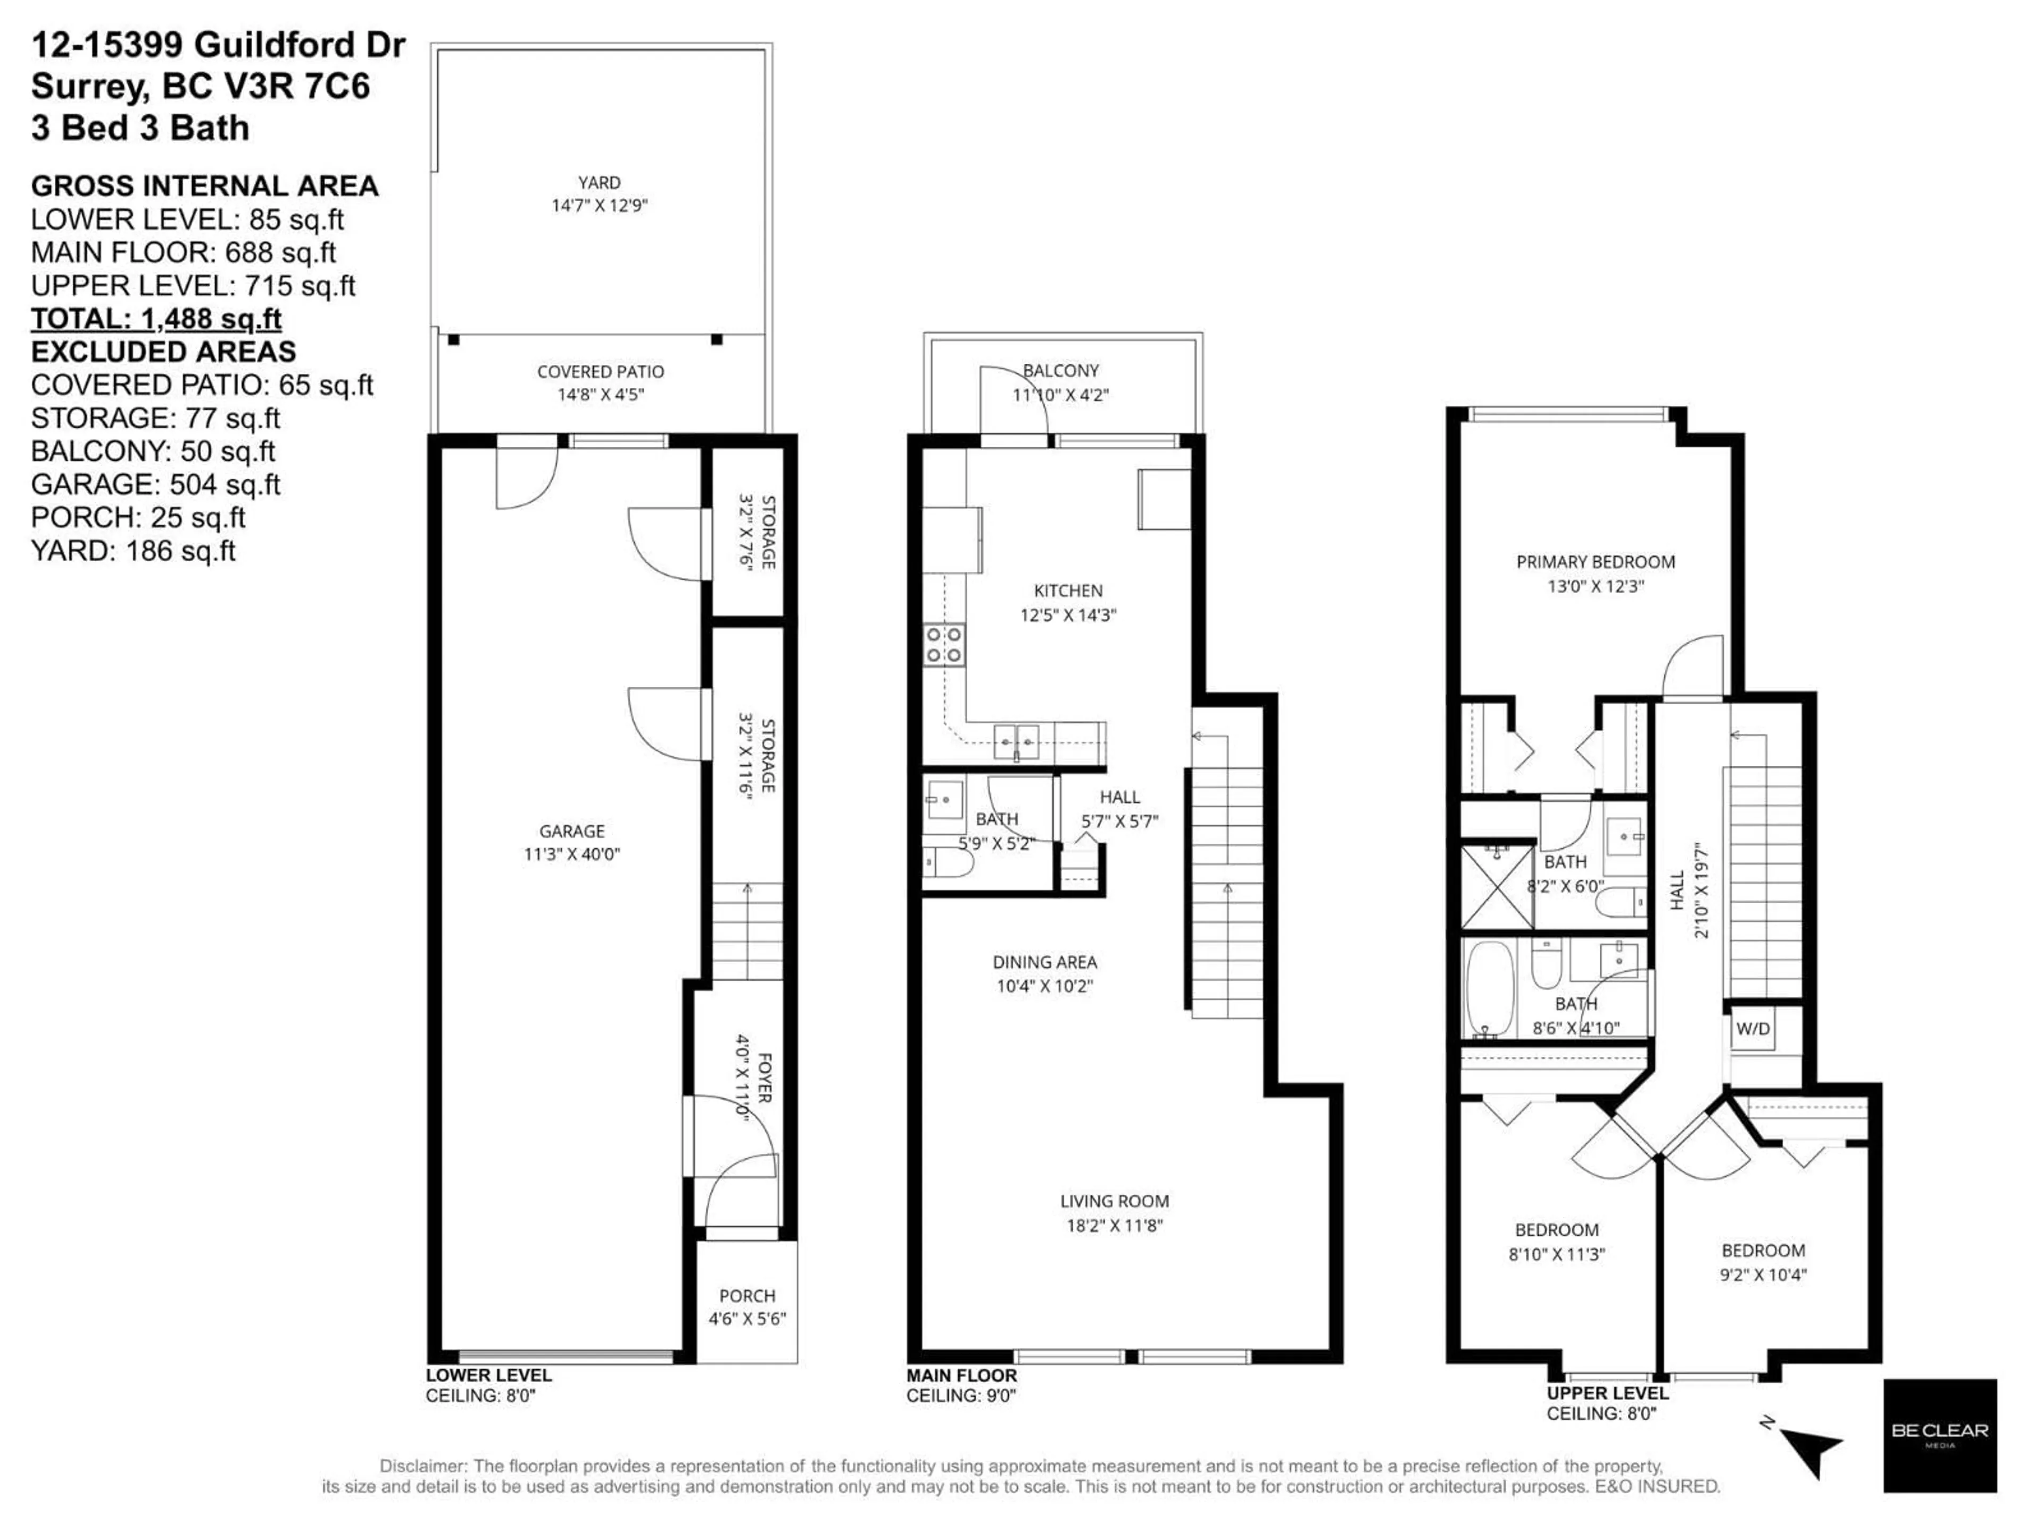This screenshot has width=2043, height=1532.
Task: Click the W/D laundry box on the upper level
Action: pos(1752,1029)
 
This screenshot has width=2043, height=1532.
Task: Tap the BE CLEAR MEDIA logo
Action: pos(1940,1435)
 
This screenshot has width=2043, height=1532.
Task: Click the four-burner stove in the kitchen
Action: pos(944,645)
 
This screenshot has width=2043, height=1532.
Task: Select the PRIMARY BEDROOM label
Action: pos(1595,561)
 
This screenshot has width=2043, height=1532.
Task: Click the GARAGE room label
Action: pos(572,831)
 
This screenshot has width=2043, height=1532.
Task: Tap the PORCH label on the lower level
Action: pos(747,1296)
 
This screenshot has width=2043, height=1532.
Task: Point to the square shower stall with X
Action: pos(1497,887)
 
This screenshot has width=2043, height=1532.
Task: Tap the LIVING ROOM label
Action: pos(1114,1202)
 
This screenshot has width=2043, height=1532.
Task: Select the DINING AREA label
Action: pos(1044,962)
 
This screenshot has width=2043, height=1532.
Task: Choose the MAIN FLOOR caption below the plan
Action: pos(961,1375)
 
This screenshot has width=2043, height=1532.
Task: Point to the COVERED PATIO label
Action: pos(600,371)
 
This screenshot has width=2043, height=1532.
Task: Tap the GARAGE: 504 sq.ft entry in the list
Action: pos(155,484)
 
